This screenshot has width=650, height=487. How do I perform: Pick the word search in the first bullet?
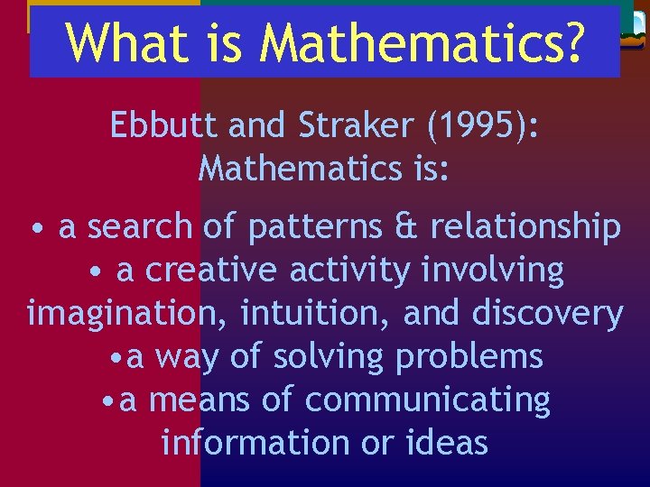(140, 228)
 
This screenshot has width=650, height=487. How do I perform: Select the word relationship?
(525, 228)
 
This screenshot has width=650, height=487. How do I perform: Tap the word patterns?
(310, 228)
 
